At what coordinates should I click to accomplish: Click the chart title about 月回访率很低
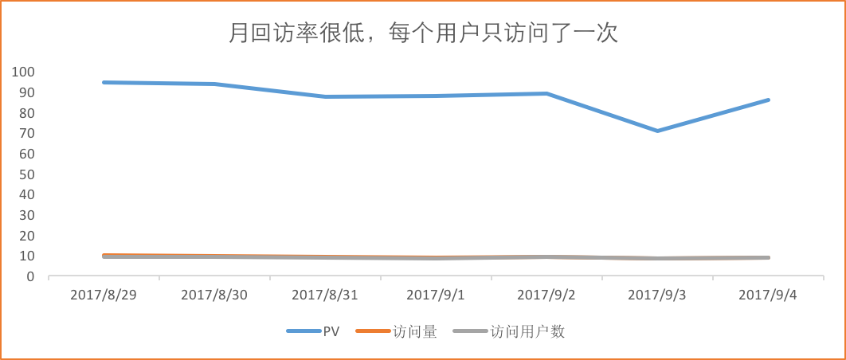coord(423,33)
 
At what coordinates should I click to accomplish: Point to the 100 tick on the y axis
coord(24,72)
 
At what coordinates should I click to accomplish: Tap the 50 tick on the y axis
coord(27,174)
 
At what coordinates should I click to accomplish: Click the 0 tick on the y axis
coord(31,276)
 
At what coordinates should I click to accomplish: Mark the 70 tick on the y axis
coord(27,133)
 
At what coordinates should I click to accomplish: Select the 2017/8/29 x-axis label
coord(104,295)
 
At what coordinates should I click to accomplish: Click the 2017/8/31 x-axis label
coord(325,295)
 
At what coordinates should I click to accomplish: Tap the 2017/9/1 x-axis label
coord(436,295)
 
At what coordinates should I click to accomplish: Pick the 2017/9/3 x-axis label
coord(657,295)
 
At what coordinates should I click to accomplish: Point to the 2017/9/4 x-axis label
coord(768,295)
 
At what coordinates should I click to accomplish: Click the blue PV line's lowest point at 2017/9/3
coord(657,131)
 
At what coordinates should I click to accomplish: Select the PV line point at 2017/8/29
coord(104,82)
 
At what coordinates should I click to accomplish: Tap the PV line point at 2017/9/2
coord(546,93)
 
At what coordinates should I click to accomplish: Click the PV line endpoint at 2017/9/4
coord(769,100)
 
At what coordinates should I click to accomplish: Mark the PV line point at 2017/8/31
coord(325,96)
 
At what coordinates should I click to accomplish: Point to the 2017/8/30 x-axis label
coord(214,295)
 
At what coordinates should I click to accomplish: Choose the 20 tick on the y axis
coord(27,236)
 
